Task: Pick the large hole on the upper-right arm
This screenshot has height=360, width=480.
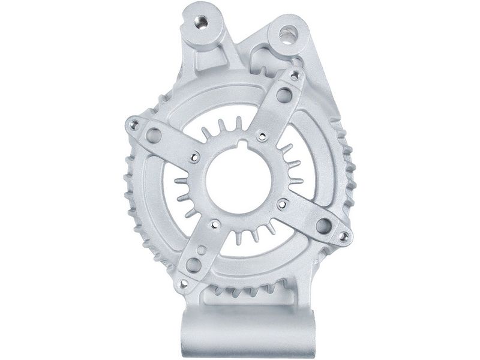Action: click(x=284, y=95)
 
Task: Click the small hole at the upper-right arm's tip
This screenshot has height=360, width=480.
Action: click(x=294, y=74)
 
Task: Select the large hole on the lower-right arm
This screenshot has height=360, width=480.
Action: click(x=324, y=226)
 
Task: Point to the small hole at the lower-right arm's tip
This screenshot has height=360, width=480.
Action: click(x=343, y=236)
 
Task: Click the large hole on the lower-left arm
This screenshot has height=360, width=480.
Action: click(x=193, y=265)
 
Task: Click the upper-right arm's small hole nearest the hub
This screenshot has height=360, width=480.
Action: click(x=262, y=137)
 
